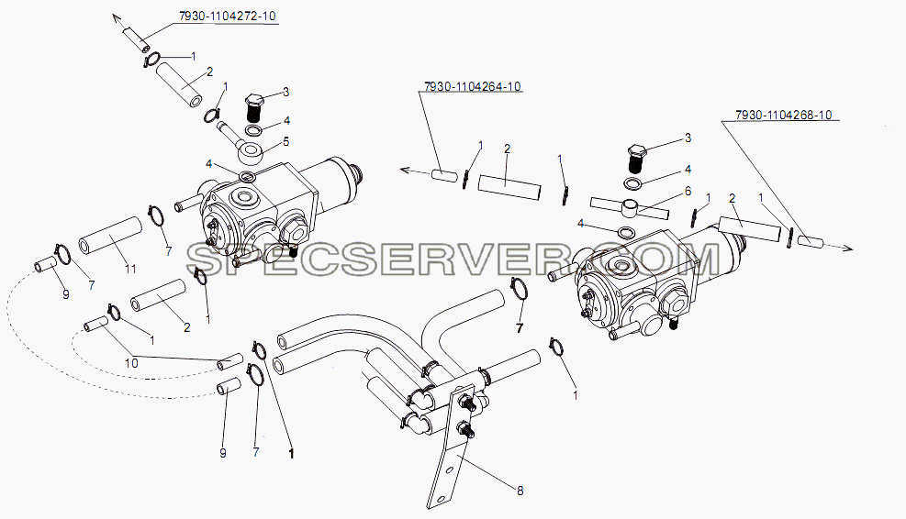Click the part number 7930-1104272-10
coord(227,17)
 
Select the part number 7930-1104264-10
coord(472,86)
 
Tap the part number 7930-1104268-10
coord(784,116)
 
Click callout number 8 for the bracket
coord(520,491)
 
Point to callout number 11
coord(130,269)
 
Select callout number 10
coord(132,363)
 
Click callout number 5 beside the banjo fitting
coord(286,142)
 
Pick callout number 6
coord(688,191)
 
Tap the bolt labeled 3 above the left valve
coord(255,106)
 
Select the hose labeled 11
coord(110,236)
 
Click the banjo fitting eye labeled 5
coord(249,154)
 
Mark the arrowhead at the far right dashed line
coord(847,248)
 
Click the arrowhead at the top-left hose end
coord(117,18)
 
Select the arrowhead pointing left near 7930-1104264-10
coord(406,170)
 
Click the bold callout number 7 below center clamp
coord(520,328)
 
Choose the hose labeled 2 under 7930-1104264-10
coord(509,188)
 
